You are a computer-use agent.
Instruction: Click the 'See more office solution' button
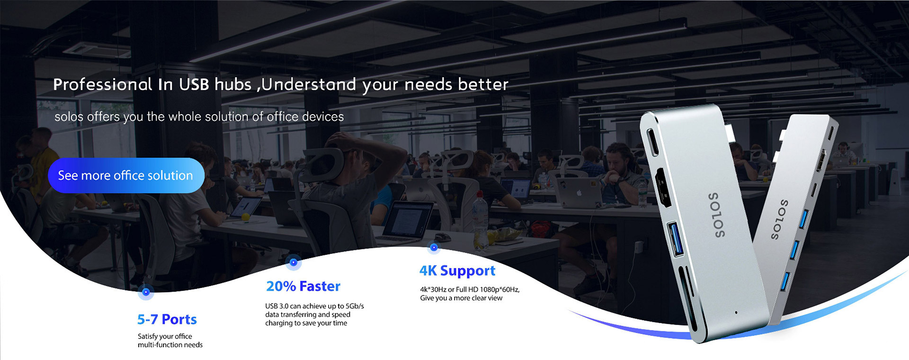click(126, 175)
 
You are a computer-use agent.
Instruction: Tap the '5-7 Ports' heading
click(167, 319)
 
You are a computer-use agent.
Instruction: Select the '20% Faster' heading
click(303, 286)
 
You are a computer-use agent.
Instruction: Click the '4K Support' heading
click(457, 270)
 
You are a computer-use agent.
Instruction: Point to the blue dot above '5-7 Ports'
click(146, 292)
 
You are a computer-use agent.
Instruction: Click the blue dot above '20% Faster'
click(294, 262)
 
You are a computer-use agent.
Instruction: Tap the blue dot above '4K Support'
click(434, 247)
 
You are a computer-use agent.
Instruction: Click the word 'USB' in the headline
click(194, 84)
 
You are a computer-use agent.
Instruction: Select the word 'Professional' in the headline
click(103, 84)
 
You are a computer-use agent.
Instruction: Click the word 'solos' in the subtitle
click(69, 117)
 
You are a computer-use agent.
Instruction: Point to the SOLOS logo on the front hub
click(717, 215)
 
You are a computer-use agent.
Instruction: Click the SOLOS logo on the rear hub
click(779, 219)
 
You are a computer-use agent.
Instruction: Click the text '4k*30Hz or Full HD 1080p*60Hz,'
click(470, 289)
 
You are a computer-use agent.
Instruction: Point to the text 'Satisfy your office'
click(165, 336)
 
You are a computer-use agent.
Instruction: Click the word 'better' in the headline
click(483, 84)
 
